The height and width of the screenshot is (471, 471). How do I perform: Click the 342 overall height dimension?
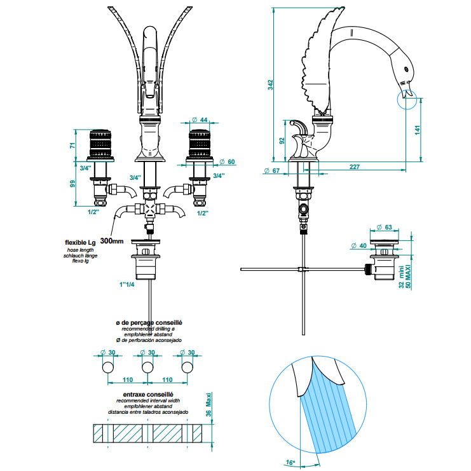click(x=271, y=85)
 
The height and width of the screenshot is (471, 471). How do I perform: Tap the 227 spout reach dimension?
click(x=355, y=167)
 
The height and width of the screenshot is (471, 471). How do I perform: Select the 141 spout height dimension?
click(x=417, y=130)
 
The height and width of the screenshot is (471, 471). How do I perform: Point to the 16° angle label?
click(x=290, y=462)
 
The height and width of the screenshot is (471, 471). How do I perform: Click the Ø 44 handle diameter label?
click(x=200, y=119)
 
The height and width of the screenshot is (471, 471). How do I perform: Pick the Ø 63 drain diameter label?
click(x=384, y=227)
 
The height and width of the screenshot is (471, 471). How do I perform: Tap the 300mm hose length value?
click(x=112, y=241)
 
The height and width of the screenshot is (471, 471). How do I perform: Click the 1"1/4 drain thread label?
click(x=126, y=284)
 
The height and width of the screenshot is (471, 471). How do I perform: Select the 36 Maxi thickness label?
click(x=208, y=404)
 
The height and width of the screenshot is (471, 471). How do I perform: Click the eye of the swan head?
click(x=406, y=69)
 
